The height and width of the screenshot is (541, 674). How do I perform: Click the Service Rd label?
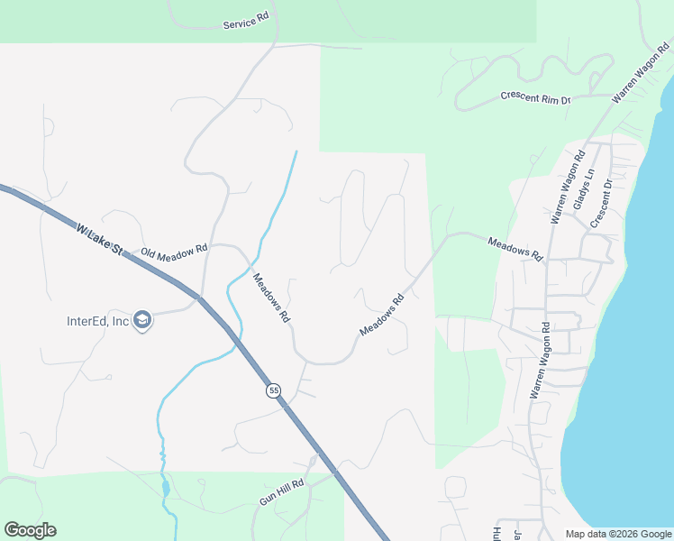(246, 22)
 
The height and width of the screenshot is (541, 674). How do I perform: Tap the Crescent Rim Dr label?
(536, 97)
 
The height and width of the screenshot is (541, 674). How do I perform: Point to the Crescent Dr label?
(601, 204)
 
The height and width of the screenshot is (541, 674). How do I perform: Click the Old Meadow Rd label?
(174, 252)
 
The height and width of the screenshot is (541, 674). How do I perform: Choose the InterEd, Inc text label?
(98, 321)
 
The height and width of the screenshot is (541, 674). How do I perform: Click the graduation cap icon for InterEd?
(141, 320)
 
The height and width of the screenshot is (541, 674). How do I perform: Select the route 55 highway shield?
(274, 390)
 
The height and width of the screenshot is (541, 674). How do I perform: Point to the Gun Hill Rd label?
(282, 491)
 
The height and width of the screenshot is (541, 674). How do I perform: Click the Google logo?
(30, 530)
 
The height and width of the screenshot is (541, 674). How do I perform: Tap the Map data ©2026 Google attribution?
(617, 534)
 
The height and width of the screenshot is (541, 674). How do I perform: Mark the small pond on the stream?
(165, 489)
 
